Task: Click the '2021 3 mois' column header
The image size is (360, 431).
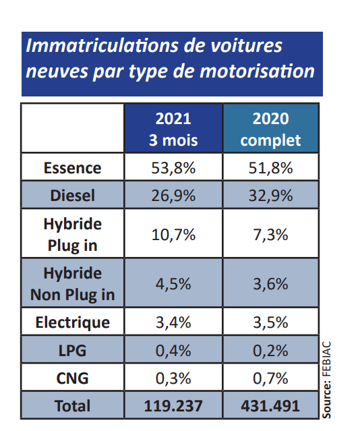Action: click(x=173, y=130)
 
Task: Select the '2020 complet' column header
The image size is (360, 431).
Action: click(x=271, y=130)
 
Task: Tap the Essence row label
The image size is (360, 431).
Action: click(x=73, y=168)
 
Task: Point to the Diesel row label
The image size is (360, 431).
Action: click(x=73, y=196)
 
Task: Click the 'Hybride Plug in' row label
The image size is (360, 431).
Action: click(x=73, y=235)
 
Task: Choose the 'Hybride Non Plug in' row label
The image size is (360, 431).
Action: click(x=73, y=284)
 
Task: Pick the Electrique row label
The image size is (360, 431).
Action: click(x=73, y=322)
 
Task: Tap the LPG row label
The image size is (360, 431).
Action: click(x=73, y=351)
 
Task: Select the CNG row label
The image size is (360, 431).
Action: click(x=73, y=378)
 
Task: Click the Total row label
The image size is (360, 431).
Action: click(x=73, y=406)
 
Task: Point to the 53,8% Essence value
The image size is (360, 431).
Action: click(x=173, y=168)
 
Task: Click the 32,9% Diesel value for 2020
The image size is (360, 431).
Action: click(x=271, y=196)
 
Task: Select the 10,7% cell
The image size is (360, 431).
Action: click(x=173, y=235)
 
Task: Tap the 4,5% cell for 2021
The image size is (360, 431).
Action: click(x=173, y=284)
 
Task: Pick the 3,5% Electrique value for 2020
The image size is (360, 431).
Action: click(x=271, y=322)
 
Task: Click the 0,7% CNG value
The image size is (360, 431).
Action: click(x=271, y=378)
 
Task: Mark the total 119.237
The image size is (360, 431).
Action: click(x=173, y=406)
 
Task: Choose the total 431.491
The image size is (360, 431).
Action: click(x=271, y=406)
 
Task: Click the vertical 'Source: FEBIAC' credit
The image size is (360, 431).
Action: click(x=326, y=380)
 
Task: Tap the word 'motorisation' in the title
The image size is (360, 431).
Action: click(x=258, y=71)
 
